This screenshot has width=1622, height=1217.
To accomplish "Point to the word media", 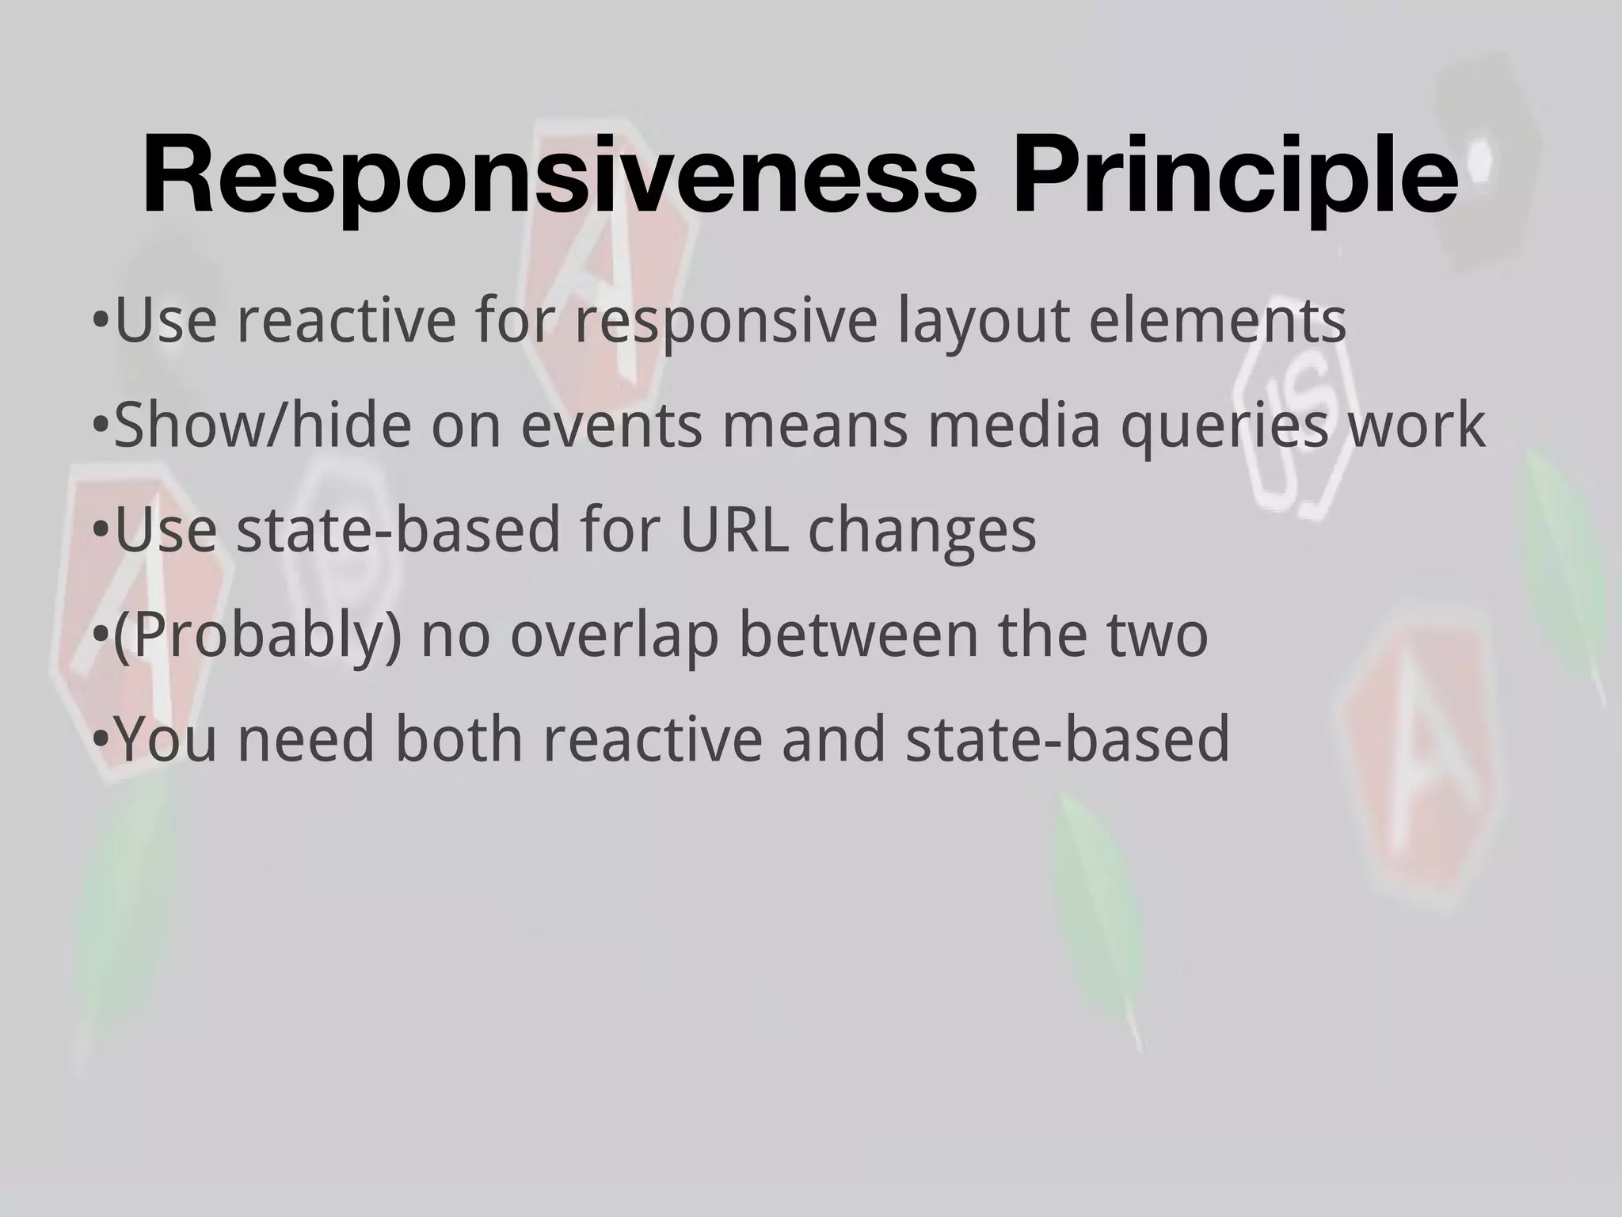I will tap(1015, 425).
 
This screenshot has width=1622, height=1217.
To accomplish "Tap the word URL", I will tap(734, 530).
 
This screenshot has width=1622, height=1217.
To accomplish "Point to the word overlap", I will tap(613, 636).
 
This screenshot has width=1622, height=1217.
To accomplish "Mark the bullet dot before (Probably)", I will tap(100, 637).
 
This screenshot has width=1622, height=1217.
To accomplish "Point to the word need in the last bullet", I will tap(306, 739).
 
